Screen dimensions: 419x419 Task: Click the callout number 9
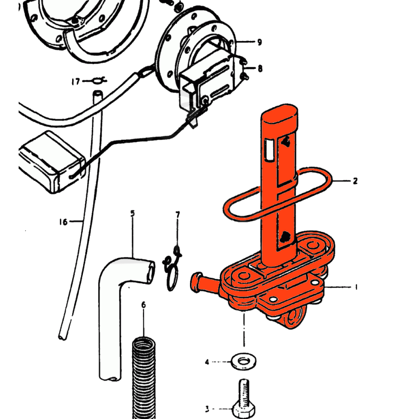[x=259, y=42]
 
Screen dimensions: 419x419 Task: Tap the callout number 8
[x=260, y=68]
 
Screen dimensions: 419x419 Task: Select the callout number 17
[x=75, y=81]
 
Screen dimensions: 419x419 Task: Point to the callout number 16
[x=63, y=222]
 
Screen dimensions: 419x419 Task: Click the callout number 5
[x=133, y=214]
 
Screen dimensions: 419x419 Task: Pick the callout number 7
[x=178, y=215]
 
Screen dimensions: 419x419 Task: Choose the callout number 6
[x=143, y=305]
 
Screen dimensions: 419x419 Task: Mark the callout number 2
[x=355, y=181]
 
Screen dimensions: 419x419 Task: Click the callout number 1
[x=356, y=287]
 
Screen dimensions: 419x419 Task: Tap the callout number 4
[x=207, y=362]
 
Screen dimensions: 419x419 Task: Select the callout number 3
[x=207, y=409]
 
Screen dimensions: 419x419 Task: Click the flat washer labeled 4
[x=243, y=362]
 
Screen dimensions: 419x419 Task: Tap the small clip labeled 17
[x=99, y=80]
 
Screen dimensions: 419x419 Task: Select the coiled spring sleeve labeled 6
[x=144, y=378]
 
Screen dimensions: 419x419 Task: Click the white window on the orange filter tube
[x=269, y=150]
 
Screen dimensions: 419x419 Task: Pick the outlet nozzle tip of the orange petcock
[x=196, y=283]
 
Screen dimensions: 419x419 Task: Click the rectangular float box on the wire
[x=52, y=162]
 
